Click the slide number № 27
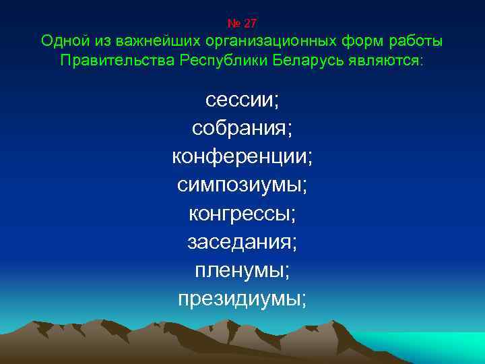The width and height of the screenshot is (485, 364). click(242, 23)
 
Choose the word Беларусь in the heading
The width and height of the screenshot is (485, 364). click(309, 61)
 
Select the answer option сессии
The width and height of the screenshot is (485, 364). click(242, 100)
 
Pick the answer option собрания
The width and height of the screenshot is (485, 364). click(242, 128)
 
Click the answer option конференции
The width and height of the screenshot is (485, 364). click(242, 156)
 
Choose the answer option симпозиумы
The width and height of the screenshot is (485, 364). click(242, 185)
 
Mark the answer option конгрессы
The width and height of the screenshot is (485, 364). click(242, 214)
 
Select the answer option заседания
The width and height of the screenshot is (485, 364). click(242, 242)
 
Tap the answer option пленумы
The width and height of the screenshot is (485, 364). click(242, 270)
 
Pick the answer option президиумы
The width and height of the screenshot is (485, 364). click(242, 299)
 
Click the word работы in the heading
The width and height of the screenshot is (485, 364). click(416, 42)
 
